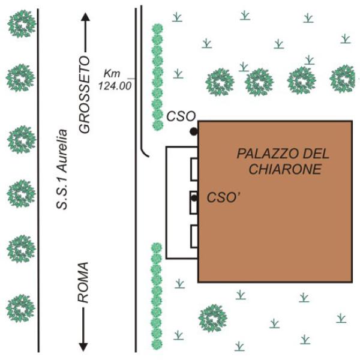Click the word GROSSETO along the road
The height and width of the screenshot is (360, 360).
point(84,94)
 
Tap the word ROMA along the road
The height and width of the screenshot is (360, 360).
point(83,283)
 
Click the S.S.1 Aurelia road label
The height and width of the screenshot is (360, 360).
point(62,169)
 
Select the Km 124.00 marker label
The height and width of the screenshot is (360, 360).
point(115,80)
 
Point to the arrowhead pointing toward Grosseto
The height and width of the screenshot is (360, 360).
point(86,17)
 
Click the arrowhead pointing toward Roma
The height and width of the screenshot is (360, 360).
point(83,347)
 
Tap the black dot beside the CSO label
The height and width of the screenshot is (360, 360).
point(194,131)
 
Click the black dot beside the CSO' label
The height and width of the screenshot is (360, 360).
point(194,198)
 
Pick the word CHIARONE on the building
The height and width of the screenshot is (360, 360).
point(285,169)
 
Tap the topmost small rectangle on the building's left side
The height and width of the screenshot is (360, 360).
point(194,169)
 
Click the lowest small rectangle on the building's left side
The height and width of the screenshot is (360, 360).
point(194,236)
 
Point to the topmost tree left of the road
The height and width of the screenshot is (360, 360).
point(22,23)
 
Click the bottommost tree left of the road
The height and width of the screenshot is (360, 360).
point(20,308)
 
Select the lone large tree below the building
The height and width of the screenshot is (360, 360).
point(212,318)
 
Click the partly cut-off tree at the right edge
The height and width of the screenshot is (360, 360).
point(343,79)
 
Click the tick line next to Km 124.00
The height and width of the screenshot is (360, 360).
point(131,79)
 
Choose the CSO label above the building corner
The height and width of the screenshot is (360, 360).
point(181,116)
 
